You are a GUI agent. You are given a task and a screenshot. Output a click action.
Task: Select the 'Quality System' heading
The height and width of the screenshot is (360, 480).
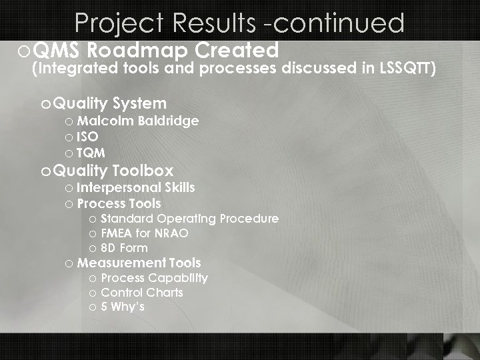110,103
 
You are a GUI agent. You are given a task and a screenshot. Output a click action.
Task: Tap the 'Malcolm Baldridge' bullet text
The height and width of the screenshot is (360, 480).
137,121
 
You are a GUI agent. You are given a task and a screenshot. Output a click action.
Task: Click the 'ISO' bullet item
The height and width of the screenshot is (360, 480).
87,137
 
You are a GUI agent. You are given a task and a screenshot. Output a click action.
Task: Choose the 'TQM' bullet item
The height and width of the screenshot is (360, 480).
91,152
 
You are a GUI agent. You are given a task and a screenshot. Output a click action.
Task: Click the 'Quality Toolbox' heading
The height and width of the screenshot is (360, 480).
113,171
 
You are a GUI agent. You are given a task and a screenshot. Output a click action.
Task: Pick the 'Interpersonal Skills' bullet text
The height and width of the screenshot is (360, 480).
136,188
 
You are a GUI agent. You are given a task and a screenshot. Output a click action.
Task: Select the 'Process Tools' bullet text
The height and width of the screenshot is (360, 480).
119,203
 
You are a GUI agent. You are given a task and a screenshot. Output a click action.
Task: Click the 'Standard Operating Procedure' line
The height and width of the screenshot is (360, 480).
189,219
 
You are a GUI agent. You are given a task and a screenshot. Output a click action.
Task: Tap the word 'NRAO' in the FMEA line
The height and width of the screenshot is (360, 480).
171,233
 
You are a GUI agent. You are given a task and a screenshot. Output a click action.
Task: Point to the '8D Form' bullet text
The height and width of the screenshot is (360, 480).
124,248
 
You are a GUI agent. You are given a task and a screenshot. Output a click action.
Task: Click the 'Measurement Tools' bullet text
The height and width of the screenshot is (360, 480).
139,263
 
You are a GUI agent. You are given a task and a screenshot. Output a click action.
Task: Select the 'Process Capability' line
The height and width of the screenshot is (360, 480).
154,278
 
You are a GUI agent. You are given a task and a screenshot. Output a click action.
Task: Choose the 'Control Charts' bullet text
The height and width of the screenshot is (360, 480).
142,293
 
